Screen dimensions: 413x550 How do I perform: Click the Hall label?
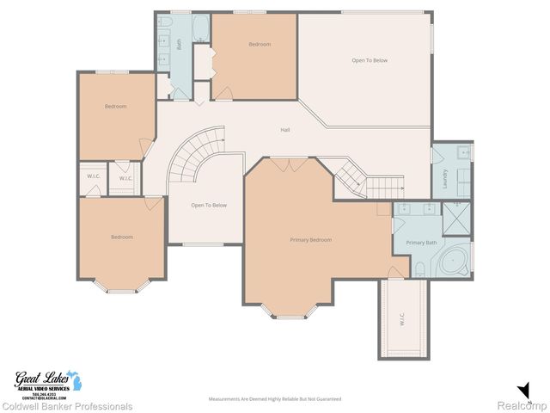(x=284, y=130)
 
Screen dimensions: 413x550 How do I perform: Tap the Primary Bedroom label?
(x=310, y=239)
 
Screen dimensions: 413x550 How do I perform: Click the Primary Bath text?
(x=421, y=243)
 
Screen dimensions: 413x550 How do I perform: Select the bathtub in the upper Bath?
(x=199, y=28)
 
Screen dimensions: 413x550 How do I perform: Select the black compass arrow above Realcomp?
(x=523, y=389)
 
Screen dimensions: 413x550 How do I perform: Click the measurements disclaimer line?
(x=275, y=399)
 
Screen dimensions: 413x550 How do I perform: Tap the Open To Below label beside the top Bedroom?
(x=370, y=60)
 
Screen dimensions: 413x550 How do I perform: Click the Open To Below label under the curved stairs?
(x=209, y=205)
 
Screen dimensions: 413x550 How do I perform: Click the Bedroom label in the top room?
(x=260, y=44)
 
